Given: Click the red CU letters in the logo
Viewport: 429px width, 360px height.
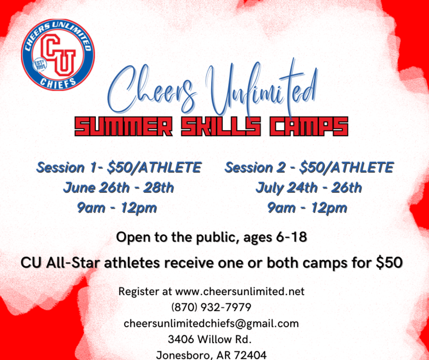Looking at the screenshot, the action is tap(58, 55).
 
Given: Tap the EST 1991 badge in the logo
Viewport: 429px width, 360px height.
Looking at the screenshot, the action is tap(40, 65).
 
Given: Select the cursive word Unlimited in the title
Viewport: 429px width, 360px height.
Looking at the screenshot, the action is tap(262, 88).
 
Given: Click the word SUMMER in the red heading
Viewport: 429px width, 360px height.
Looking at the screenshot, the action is tap(124, 126).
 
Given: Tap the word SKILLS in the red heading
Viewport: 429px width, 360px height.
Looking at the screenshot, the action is tap(221, 126).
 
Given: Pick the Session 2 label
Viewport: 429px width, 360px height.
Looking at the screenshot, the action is tap(259, 167).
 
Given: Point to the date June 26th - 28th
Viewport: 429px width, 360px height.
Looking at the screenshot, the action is tap(119, 188).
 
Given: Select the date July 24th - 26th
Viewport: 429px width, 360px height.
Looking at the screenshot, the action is tap(309, 188).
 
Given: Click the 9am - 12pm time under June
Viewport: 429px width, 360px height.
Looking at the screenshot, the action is tap(117, 208).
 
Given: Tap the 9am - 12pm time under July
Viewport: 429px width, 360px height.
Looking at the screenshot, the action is tap(307, 208).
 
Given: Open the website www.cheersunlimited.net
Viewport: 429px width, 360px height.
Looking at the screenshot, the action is tap(240, 291).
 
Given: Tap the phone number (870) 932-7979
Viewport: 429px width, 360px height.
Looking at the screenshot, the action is tap(211, 307).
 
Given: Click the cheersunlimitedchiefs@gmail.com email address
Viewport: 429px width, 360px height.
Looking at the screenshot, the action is tap(211, 324).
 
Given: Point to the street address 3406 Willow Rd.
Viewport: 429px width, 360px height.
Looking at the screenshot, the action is tap(210, 339).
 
